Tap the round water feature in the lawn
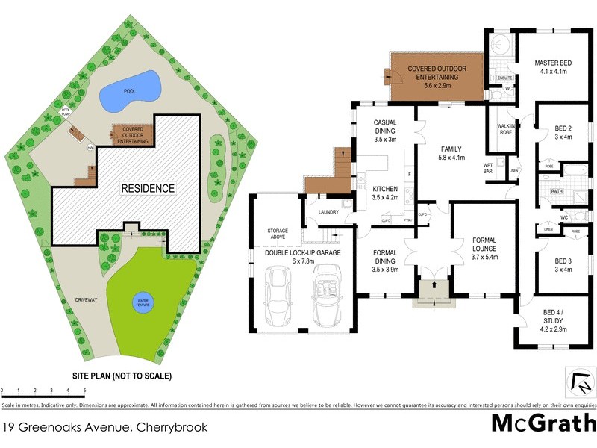pos(143,302)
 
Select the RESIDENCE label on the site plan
pos(148,189)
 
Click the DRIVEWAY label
pos(87,300)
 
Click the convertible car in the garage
pos(327,297)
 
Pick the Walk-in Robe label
pos(509,128)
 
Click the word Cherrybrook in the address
pos(171,428)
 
